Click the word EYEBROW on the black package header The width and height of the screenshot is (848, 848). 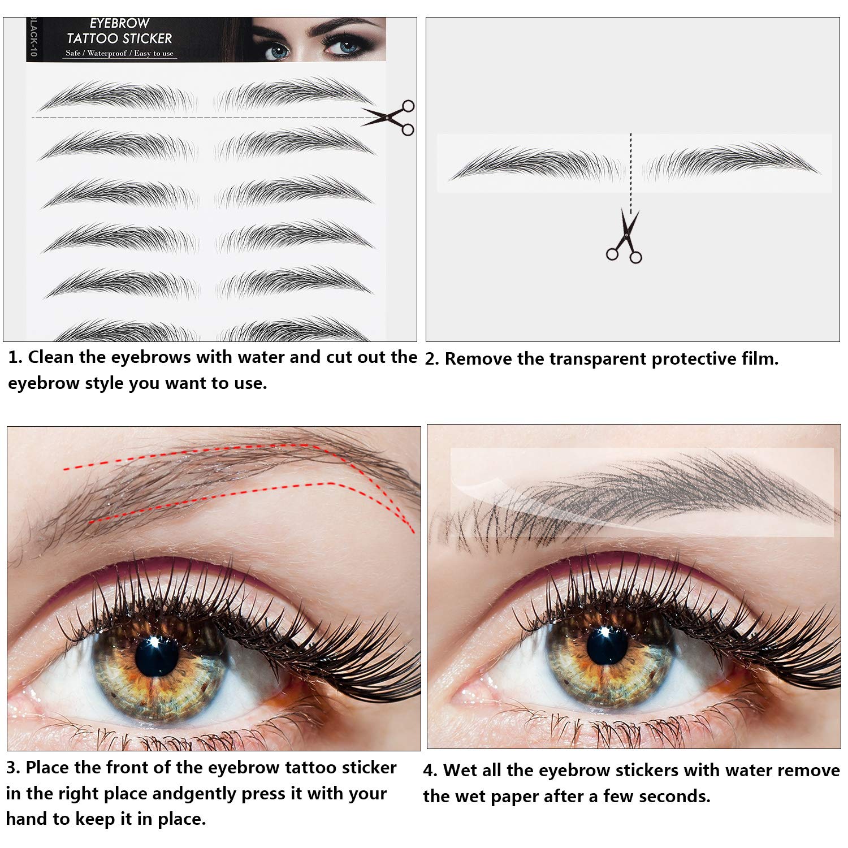click(x=119, y=23)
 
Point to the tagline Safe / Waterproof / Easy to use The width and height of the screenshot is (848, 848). click(x=119, y=53)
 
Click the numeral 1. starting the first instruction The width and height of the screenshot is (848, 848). click(x=15, y=357)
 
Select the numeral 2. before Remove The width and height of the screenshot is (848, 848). click(x=432, y=359)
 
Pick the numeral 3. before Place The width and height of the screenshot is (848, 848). click(x=14, y=768)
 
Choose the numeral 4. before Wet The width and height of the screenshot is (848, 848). click(x=430, y=771)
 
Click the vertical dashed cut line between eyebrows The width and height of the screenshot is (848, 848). click(x=631, y=170)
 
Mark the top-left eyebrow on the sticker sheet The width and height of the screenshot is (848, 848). click(x=116, y=96)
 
